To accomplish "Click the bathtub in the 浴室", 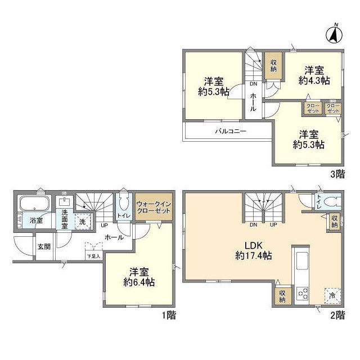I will tap(34, 203).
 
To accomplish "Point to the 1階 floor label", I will tap(168, 316).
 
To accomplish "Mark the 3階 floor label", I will tap(337, 174).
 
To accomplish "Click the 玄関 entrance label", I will tap(44, 246).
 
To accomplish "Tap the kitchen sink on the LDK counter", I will tap(301, 262).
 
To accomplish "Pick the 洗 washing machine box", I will tap(84, 222).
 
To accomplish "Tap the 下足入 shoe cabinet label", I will tap(93, 256).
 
